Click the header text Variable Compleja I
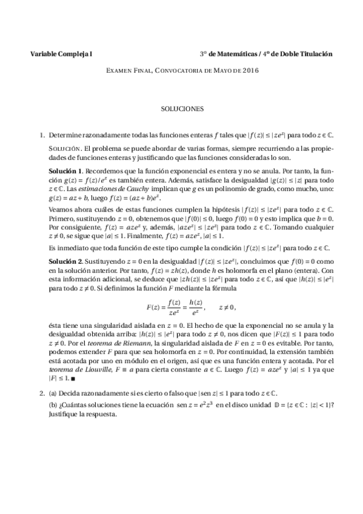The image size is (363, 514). [61, 54]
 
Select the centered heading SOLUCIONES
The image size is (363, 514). [182, 110]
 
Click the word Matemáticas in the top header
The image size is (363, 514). [235, 54]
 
